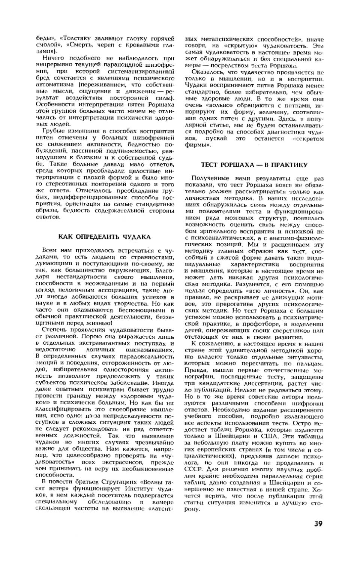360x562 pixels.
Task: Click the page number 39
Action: coord(318,523)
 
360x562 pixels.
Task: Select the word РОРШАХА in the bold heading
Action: coord(234,164)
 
